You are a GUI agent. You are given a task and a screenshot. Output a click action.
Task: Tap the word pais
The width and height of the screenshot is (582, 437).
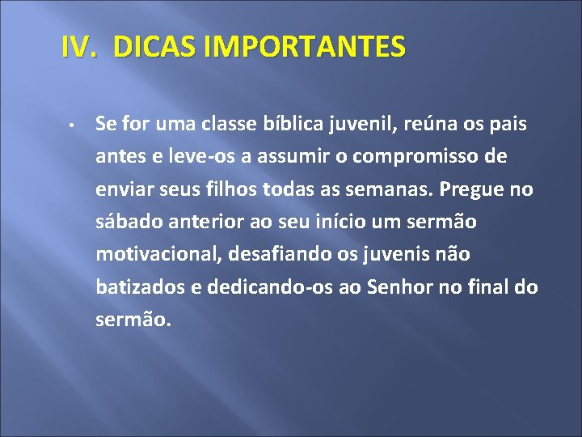click(x=508, y=125)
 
